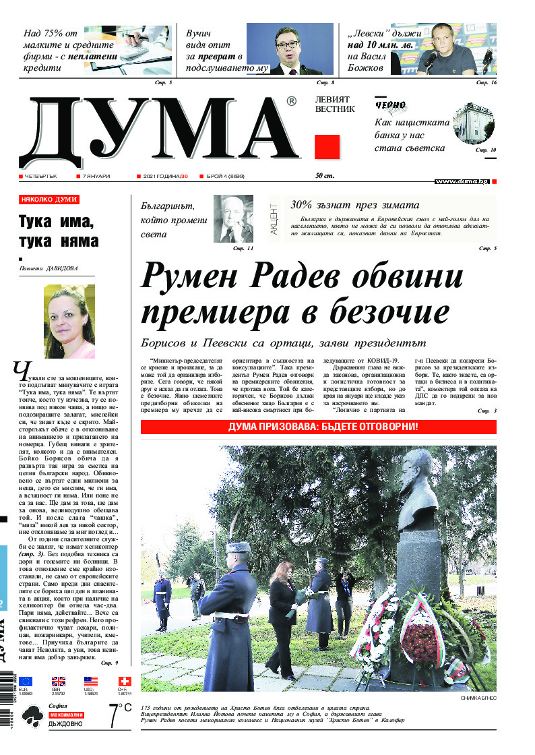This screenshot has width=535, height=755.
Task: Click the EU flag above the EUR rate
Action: click(26, 682)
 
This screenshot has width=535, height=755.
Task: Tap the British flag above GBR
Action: click(59, 682)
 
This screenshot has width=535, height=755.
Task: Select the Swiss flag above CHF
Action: click(123, 682)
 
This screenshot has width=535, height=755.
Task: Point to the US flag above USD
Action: click(91, 682)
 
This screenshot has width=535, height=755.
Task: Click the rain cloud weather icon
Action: click(31, 719)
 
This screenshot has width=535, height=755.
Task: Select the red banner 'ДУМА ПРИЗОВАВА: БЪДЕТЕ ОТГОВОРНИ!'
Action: click(318, 427)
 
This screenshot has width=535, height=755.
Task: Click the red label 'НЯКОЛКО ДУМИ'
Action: click(49, 200)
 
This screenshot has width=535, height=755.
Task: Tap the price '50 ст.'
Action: click(325, 176)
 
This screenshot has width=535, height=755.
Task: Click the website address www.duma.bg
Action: click(462, 181)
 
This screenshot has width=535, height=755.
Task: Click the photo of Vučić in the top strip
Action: click(290, 49)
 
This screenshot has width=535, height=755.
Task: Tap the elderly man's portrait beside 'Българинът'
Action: click(233, 218)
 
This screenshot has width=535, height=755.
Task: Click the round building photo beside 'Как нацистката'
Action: click(474, 125)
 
